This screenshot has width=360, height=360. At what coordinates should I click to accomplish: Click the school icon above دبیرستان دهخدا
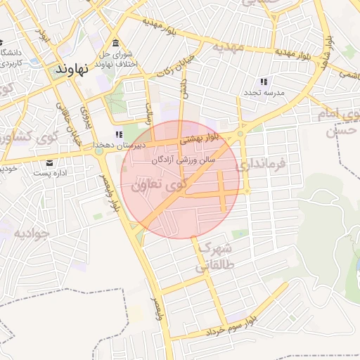coord(120,134)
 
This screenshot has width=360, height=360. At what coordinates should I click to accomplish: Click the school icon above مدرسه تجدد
coord(264,82)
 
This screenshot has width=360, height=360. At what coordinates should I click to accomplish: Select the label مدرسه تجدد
coord(264,93)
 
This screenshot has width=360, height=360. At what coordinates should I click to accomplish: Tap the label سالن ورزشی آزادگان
coord(184,160)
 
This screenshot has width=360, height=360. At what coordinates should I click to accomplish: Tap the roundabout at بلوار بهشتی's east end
coord(240,133)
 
